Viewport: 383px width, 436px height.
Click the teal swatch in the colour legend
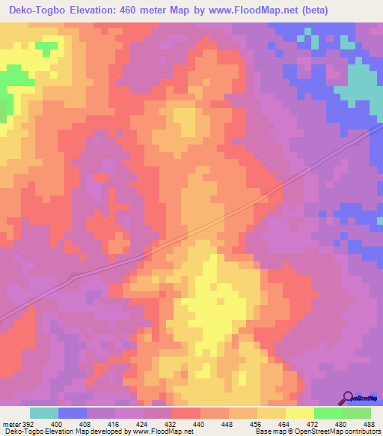44,414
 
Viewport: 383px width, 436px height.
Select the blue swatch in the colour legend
73,414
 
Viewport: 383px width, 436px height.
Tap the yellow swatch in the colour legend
299,414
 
